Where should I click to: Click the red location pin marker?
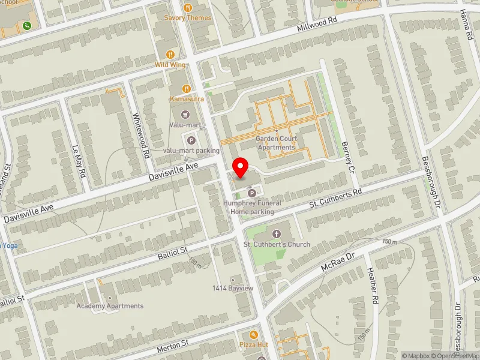point(241,168)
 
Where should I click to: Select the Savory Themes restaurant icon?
point(188,8)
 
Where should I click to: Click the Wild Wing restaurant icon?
point(170,54)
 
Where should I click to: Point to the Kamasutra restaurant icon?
point(188,88)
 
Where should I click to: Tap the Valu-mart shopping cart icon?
point(184,114)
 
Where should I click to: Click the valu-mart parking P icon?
point(191,140)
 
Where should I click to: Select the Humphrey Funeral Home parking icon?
point(252,193)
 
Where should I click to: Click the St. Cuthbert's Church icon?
point(277,233)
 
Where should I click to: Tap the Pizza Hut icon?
point(254,334)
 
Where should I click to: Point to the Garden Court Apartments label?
point(276,143)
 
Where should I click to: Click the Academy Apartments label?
point(110,305)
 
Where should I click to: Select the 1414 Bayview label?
point(233,289)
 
